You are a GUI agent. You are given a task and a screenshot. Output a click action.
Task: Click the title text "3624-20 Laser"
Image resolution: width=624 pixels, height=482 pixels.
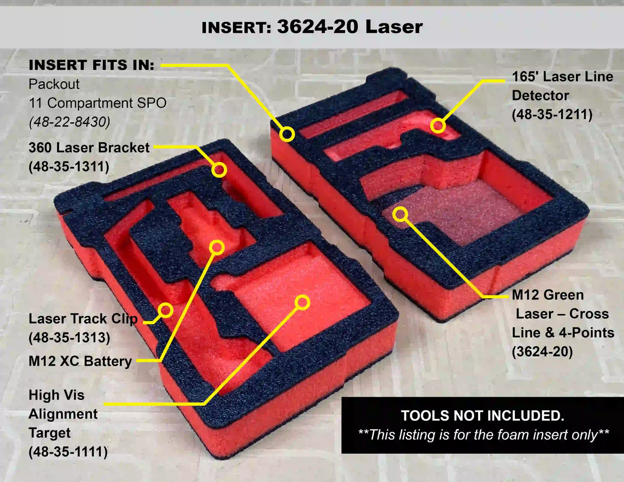pos(350,27)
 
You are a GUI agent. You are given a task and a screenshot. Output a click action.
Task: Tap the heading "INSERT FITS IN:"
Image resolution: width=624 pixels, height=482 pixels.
pos(91,65)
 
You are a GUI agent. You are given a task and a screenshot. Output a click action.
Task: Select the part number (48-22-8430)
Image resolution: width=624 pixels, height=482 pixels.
pos(69,122)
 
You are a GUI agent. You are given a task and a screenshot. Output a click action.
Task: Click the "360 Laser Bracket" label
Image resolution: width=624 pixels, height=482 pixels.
pos(89,148)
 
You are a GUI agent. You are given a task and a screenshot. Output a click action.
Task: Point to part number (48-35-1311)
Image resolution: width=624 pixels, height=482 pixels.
pos(69,167)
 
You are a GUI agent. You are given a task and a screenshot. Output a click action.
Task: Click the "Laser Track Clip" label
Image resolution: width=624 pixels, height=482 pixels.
pos(83,319)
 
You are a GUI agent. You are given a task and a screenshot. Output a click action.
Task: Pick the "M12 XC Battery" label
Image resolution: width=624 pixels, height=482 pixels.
pos(80,361)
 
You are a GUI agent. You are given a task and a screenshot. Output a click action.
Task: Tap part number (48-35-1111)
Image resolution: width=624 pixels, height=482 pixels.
pos(68,452)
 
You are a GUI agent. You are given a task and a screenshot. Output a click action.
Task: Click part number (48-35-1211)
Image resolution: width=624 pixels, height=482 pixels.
pos(552,115)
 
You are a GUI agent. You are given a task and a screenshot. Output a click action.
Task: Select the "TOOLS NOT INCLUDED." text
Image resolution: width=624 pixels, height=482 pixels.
pos(482,415)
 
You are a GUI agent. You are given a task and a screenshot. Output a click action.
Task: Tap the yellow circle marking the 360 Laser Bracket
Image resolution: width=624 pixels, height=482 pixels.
pos(219,170)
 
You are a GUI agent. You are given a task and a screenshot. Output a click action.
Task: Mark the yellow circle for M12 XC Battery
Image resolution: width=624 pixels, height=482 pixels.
pos(217,247)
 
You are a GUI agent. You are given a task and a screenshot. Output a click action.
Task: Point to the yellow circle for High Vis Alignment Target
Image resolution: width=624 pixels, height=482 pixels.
pos(302,302)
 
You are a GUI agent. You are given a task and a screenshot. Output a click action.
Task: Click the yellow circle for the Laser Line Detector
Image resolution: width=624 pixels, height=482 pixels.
pos(438,126)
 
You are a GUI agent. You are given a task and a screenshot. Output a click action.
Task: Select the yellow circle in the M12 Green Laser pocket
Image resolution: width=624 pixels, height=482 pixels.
pos(400,214)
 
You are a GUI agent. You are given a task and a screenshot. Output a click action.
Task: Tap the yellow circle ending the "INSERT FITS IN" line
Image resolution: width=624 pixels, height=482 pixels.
pos(287,134)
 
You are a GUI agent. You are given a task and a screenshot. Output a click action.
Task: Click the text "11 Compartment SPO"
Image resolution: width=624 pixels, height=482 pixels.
pos(98,103)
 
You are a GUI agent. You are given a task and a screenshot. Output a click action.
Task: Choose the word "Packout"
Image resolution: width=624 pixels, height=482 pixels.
pos(54,84)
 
